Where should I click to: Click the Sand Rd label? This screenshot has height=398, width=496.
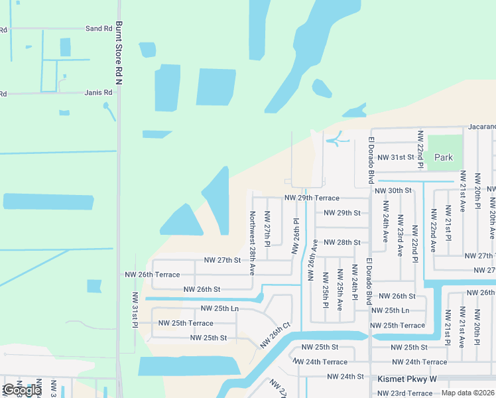tap(99, 29)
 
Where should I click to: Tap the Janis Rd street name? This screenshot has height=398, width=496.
tap(99, 93)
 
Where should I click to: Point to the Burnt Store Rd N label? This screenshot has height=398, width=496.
tap(119, 53)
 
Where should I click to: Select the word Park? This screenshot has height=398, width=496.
tap(444, 157)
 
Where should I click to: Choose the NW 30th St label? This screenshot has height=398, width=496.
tap(393, 190)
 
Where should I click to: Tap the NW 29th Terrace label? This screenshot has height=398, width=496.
tap(312, 198)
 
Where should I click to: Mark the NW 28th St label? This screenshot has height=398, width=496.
tap(342, 243)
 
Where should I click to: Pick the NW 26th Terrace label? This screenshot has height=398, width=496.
tap(153, 275)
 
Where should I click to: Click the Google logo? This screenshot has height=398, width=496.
tap(21, 391)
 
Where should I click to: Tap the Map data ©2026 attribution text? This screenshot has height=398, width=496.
tap(467, 393)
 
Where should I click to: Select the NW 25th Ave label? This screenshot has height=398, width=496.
tap(340, 290)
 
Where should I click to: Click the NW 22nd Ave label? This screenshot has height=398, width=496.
tap(433, 230)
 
